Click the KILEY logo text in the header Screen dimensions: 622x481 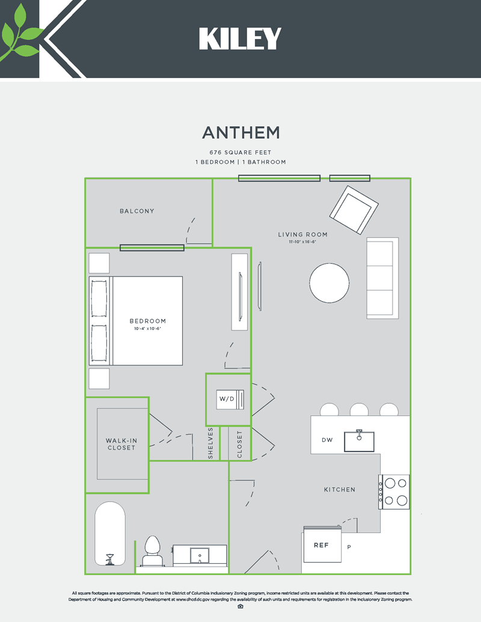click(240, 39)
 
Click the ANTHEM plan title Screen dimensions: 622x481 click(240, 132)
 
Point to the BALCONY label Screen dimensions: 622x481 click(136, 211)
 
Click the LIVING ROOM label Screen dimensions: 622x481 click(302, 234)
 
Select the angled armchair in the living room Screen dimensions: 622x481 click(354, 210)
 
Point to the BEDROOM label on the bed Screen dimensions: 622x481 click(147, 321)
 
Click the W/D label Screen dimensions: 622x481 click(226, 399)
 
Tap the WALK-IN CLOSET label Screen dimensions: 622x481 click(121, 444)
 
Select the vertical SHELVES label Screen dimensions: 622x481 click(211, 444)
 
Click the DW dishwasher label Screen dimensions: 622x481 click(327, 440)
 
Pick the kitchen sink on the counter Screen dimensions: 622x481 click(359, 441)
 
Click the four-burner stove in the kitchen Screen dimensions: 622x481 click(395, 491)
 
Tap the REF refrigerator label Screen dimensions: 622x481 click(321, 545)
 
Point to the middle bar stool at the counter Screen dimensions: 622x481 click(359, 410)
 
